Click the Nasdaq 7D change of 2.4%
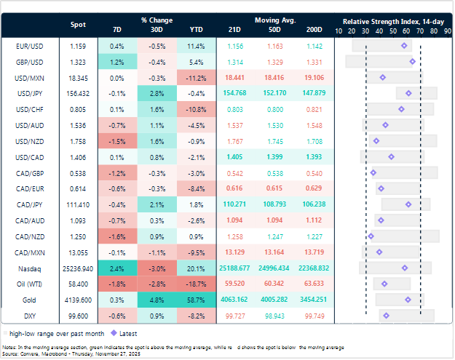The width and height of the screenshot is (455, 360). (117, 268)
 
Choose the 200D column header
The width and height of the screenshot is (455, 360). (314, 29)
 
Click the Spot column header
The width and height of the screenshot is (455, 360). (78, 25)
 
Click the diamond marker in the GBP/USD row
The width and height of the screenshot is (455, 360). (412, 62)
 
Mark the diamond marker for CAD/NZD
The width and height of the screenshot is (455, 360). (371, 236)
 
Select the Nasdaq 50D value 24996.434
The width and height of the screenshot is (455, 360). (275, 268)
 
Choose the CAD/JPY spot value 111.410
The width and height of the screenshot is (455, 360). (78, 204)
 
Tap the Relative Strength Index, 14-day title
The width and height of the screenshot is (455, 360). (393, 21)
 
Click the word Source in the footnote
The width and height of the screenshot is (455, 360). (10, 351)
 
